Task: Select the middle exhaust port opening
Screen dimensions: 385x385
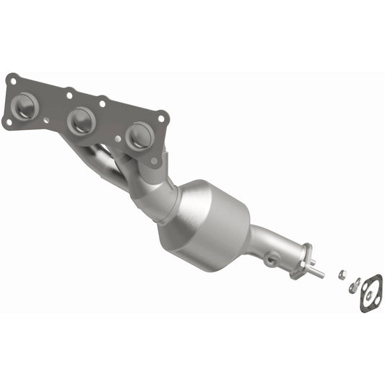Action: [82, 121]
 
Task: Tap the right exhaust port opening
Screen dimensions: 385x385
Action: [139, 135]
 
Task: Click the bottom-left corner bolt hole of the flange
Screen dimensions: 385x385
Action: [8, 122]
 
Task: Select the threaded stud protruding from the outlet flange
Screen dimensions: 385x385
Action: [317, 272]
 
